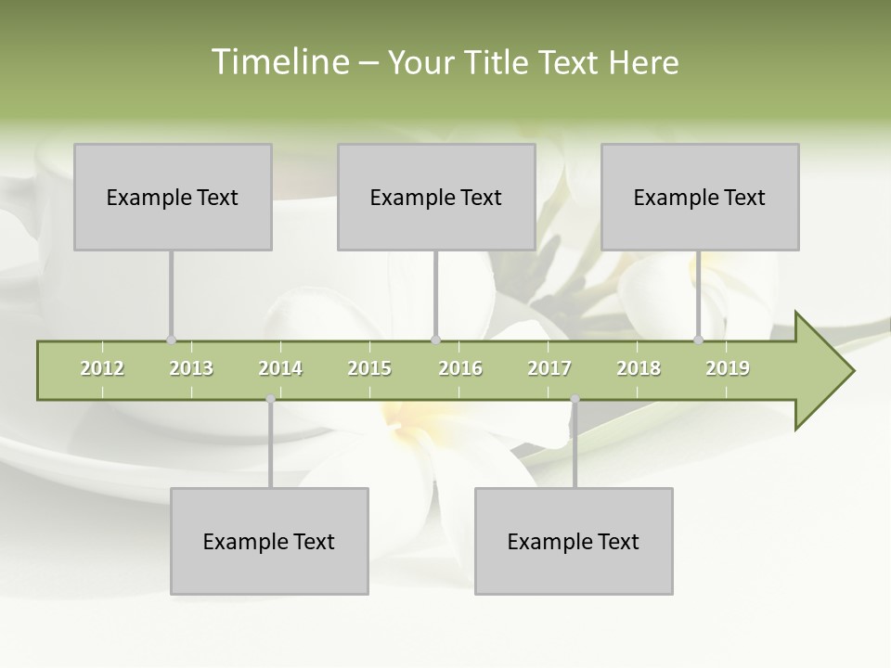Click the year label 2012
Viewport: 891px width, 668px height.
pos(102,368)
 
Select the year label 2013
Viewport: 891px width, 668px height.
pos(191,368)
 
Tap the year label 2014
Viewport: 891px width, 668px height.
pos(280,368)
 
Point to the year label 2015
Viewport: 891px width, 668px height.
pos(369,368)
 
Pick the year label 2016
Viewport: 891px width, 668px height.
pos(460,368)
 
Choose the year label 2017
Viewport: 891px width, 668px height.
pos(549,368)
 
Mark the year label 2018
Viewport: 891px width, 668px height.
pos(639,368)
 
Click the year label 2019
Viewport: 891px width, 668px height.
pos(728,368)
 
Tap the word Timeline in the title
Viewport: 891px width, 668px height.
pos(278,62)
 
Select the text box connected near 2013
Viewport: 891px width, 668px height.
pos(173,197)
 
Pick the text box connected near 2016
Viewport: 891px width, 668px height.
pos(436,197)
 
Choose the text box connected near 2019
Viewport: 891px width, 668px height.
pos(700,197)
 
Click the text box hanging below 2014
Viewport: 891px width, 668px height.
pos(269,541)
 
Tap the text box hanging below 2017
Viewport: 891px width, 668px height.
pos(574,541)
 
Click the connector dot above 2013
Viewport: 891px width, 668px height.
pos(171,340)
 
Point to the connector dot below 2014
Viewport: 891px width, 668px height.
pos(270,399)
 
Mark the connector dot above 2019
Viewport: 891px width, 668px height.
pos(699,340)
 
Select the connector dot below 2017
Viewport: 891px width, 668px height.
pos(575,399)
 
